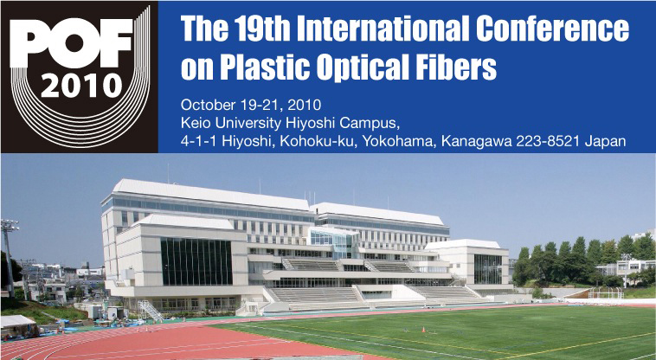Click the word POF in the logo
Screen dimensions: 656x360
pos(71,43)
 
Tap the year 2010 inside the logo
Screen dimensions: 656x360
pos(81,86)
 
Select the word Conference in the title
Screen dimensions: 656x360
pos(552,29)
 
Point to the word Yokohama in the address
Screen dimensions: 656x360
pos(399,141)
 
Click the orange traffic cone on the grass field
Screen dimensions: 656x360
pos(423,329)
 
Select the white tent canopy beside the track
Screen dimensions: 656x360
pos(17,323)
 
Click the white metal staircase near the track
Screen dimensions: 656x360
pos(151,311)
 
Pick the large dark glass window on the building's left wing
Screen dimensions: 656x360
pos(196,261)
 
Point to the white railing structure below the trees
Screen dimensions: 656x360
pos(606,292)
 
